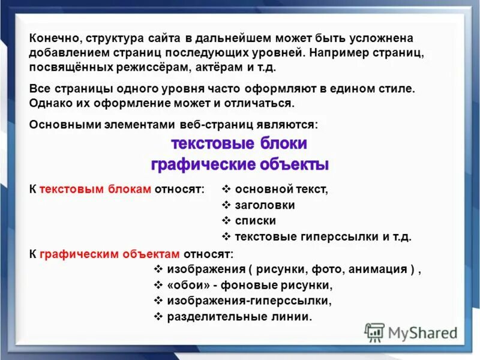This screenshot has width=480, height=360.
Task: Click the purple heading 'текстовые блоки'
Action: (x=239, y=144)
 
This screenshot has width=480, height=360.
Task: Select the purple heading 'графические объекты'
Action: (x=239, y=164)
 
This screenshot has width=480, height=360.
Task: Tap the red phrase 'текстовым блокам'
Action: (x=95, y=189)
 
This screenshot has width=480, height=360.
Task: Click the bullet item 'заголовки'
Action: (x=265, y=205)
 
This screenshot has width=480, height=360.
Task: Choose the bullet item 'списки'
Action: (x=256, y=220)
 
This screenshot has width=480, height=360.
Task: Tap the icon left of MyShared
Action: (x=374, y=332)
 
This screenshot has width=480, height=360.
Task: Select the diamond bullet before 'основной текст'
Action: (x=226, y=189)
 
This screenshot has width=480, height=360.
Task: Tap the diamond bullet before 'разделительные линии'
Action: (x=158, y=316)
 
